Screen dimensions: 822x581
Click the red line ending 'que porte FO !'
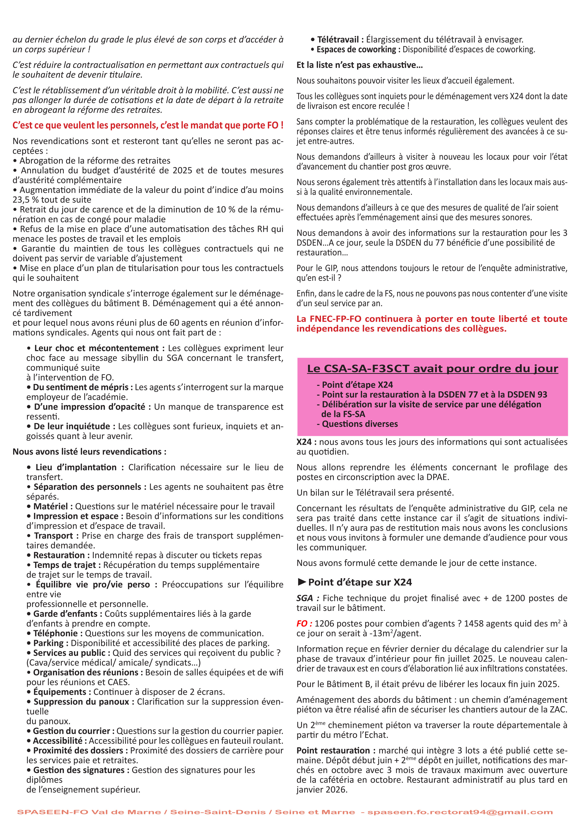[x=148, y=125]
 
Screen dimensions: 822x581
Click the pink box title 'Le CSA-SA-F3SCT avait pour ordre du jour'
[x=432, y=368]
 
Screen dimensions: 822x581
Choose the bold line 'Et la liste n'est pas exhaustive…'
[x=360, y=65]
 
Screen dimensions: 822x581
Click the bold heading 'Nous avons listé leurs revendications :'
[x=89, y=451]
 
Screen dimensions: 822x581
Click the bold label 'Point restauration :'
[x=336, y=751]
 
